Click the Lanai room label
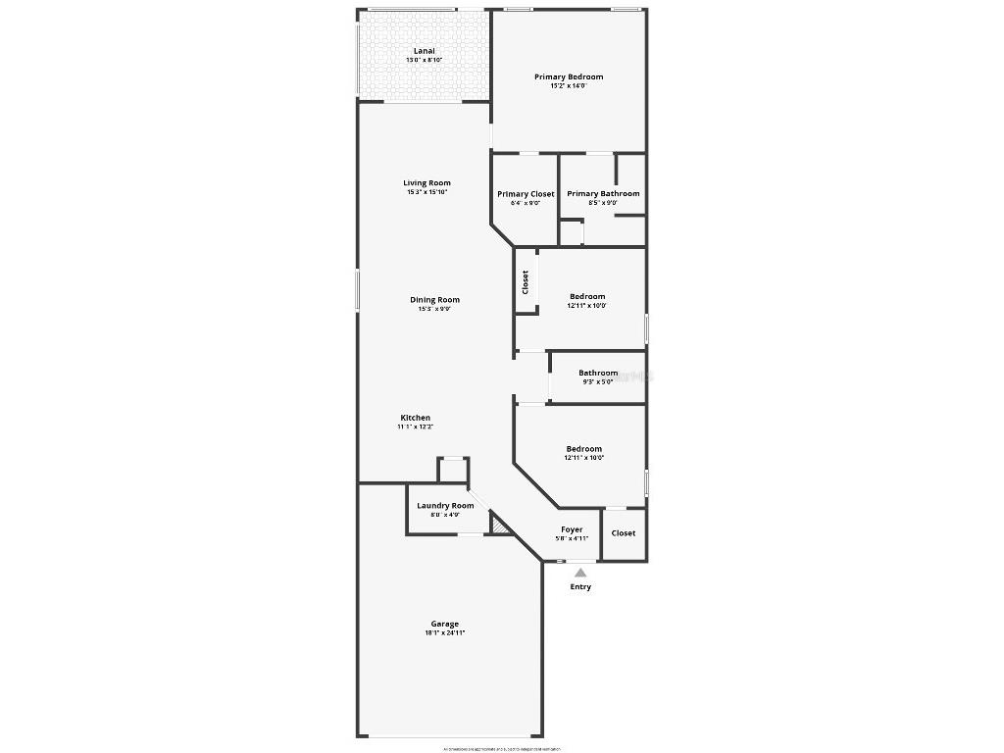424,51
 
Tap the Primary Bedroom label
569,76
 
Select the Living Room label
427,182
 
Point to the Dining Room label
434,300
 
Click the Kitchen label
415,418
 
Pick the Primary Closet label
526,194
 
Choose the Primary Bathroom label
603,194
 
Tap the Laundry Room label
445,506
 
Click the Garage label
445,624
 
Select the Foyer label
572,529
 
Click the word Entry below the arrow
580,587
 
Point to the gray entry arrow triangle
580,573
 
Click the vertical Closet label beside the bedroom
526,282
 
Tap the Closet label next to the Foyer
624,533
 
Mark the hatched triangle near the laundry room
499,527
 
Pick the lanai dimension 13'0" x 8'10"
425,61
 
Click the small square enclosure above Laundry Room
453,470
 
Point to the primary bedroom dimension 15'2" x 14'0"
569,86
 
